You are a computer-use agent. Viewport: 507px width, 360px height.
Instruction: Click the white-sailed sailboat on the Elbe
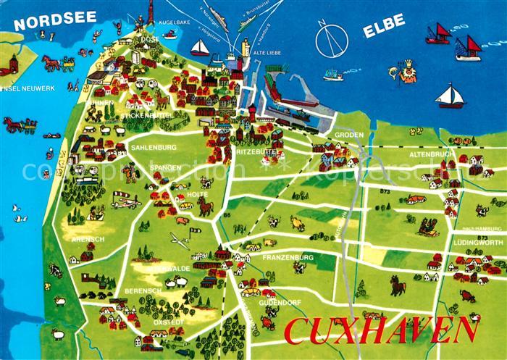coord(451,96)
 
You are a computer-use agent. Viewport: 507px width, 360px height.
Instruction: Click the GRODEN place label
coord(348,135)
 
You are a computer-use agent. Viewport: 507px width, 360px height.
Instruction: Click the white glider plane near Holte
coord(179,240)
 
